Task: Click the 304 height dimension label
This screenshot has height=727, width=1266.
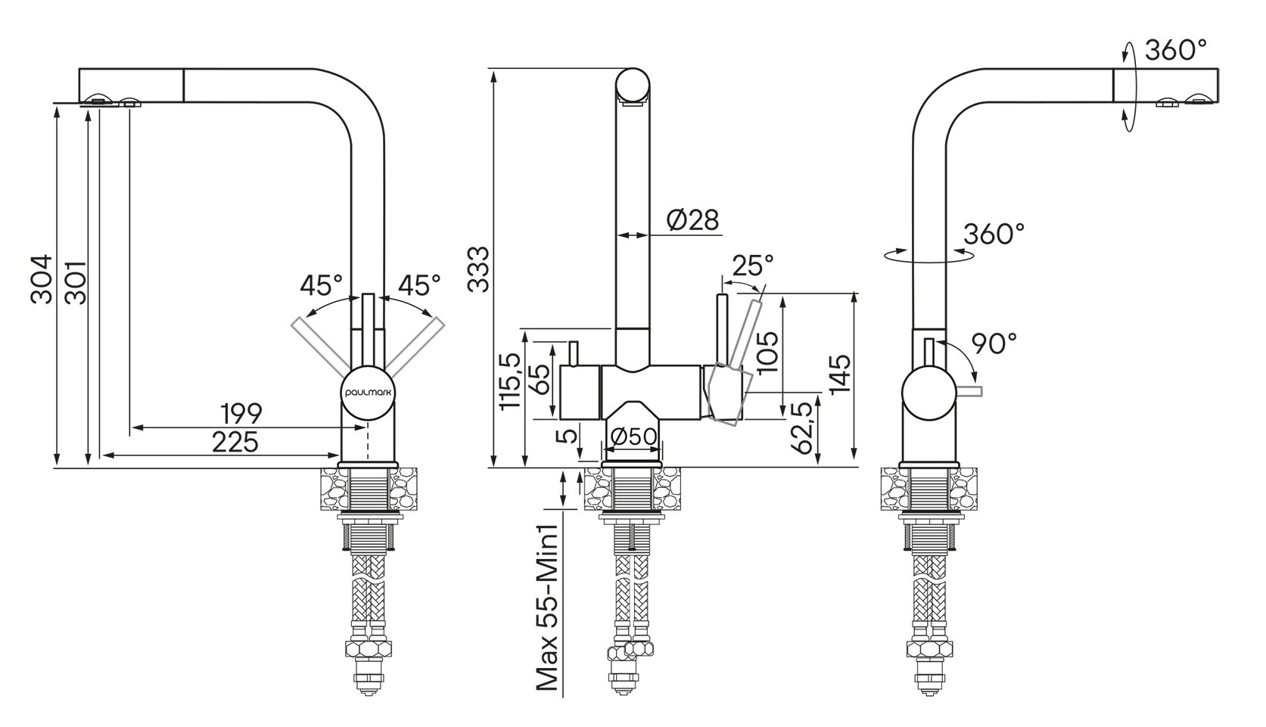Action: point(42,280)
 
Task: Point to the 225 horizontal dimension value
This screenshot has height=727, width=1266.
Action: point(235,442)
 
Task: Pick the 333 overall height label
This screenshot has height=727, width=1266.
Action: point(478,269)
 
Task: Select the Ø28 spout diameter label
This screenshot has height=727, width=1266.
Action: point(692,219)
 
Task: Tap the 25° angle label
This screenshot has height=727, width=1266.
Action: point(752,265)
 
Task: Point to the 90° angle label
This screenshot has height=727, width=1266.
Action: point(994,343)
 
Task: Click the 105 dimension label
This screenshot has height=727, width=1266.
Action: point(767,353)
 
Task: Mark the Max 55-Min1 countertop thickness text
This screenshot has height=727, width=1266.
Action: point(546,607)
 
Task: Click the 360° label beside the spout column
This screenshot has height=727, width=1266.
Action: point(994,233)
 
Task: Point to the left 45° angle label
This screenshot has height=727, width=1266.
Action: point(321,285)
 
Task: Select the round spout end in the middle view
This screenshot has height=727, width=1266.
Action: point(633,85)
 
